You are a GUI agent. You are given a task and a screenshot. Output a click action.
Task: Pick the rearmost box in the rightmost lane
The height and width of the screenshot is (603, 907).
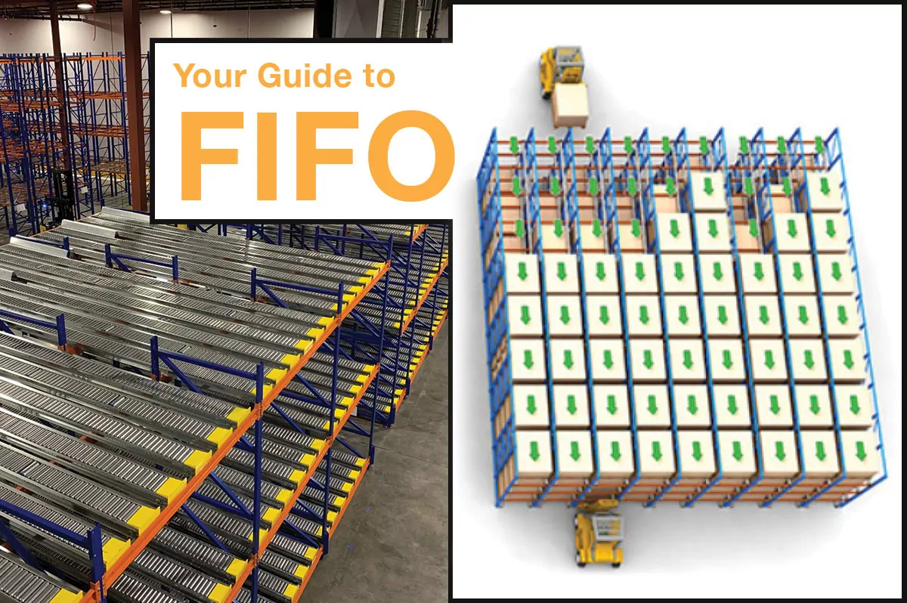(x=824, y=192)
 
